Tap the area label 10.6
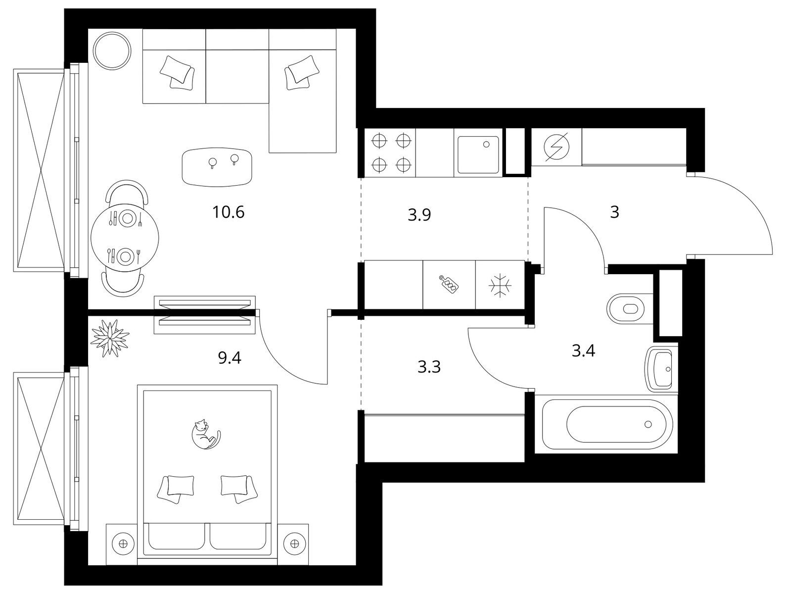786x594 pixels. click(229, 212)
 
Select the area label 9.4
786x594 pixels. click(230, 357)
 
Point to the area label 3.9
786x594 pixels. click(419, 215)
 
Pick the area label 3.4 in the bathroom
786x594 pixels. click(583, 351)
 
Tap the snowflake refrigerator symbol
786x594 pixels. click(500, 286)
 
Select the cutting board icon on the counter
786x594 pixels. click(450, 285)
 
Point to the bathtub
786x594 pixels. click(607, 425)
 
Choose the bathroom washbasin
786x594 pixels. click(661, 369)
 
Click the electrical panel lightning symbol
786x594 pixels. click(556, 147)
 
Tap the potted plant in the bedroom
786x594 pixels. click(110, 338)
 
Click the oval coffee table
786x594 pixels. click(217, 167)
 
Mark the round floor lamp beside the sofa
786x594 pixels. click(112, 51)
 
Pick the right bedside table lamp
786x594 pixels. click(294, 544)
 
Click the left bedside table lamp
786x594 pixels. click(123, 544)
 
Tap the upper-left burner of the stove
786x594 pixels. click(379, 141)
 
